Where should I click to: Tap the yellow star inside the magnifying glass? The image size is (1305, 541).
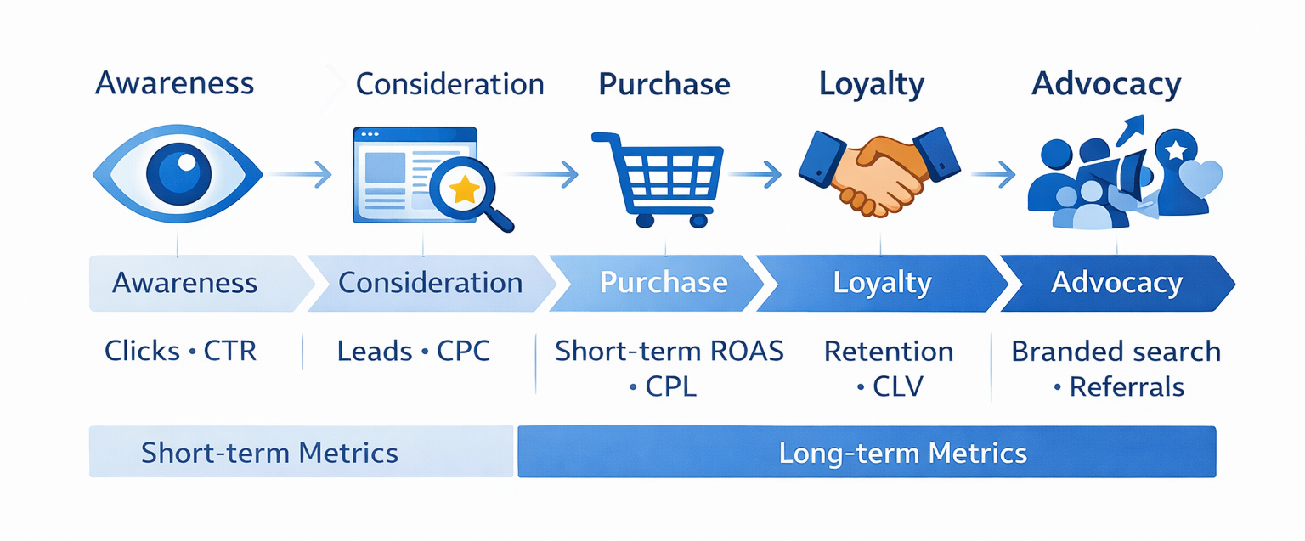click(464, 190)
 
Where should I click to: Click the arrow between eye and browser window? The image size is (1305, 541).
click(302, 176)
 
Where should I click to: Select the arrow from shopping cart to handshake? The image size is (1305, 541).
click(754, 176)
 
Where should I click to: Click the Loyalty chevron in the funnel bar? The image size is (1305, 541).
click(882, 283)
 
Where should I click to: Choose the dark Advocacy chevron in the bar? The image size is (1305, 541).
click(1116, 283)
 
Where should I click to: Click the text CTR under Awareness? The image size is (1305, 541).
click(230, 352)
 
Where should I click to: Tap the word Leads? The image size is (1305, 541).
click(369, 352)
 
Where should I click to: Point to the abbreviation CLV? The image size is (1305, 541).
click(898, 387)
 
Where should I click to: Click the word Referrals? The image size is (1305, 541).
click(1127, 387)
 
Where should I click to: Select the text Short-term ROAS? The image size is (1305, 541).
click(669, 352)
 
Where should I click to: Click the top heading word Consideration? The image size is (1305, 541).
click(449, 85)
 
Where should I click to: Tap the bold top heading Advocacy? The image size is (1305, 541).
click(1106, 85)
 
